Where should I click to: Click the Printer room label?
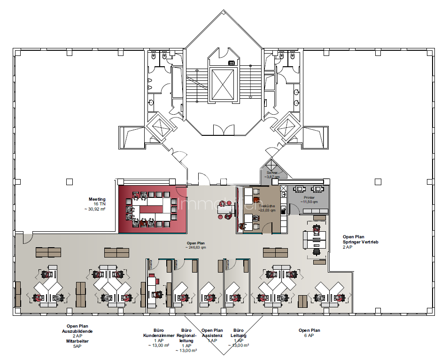click(309, 198)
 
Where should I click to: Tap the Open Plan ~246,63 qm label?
click(195, 245)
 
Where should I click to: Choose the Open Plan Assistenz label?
click(212, 333)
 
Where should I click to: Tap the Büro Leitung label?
click(239, 333)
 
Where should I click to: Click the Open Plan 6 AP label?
click(309, 333)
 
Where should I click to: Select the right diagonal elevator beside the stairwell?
click(285, 127)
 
